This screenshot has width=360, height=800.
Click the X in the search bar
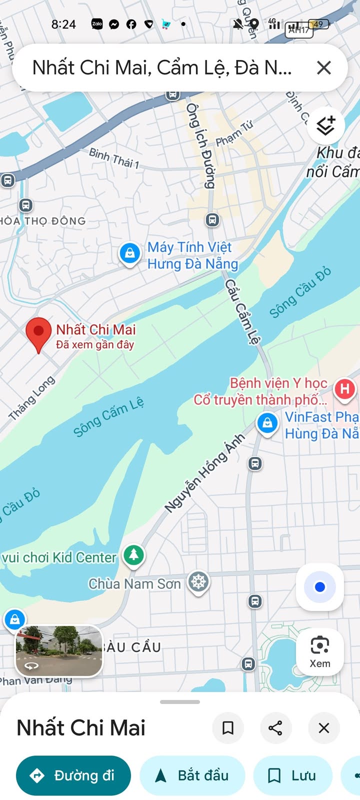point(324,67)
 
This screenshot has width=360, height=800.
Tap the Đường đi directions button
point(73,775)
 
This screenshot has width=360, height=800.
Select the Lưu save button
point(293,775)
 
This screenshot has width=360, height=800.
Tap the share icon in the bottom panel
point(275,728)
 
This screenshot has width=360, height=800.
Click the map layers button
point(325,125)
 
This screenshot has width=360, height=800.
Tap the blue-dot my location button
point(320,587)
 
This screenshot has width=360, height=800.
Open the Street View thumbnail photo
point(59,650)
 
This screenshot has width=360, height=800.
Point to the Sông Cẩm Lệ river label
point(108,416)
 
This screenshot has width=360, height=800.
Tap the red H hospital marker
point(344,389)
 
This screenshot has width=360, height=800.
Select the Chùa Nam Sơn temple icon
point(198,581)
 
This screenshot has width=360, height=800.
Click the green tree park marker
point(133,554)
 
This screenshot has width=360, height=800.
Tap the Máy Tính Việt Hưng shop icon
point(129,253)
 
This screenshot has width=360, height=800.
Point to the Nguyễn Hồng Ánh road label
point(205,473)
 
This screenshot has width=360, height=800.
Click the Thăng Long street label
point(31,398)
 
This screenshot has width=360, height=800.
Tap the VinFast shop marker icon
point(267,423)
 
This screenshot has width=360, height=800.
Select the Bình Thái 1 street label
point(114,157)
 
